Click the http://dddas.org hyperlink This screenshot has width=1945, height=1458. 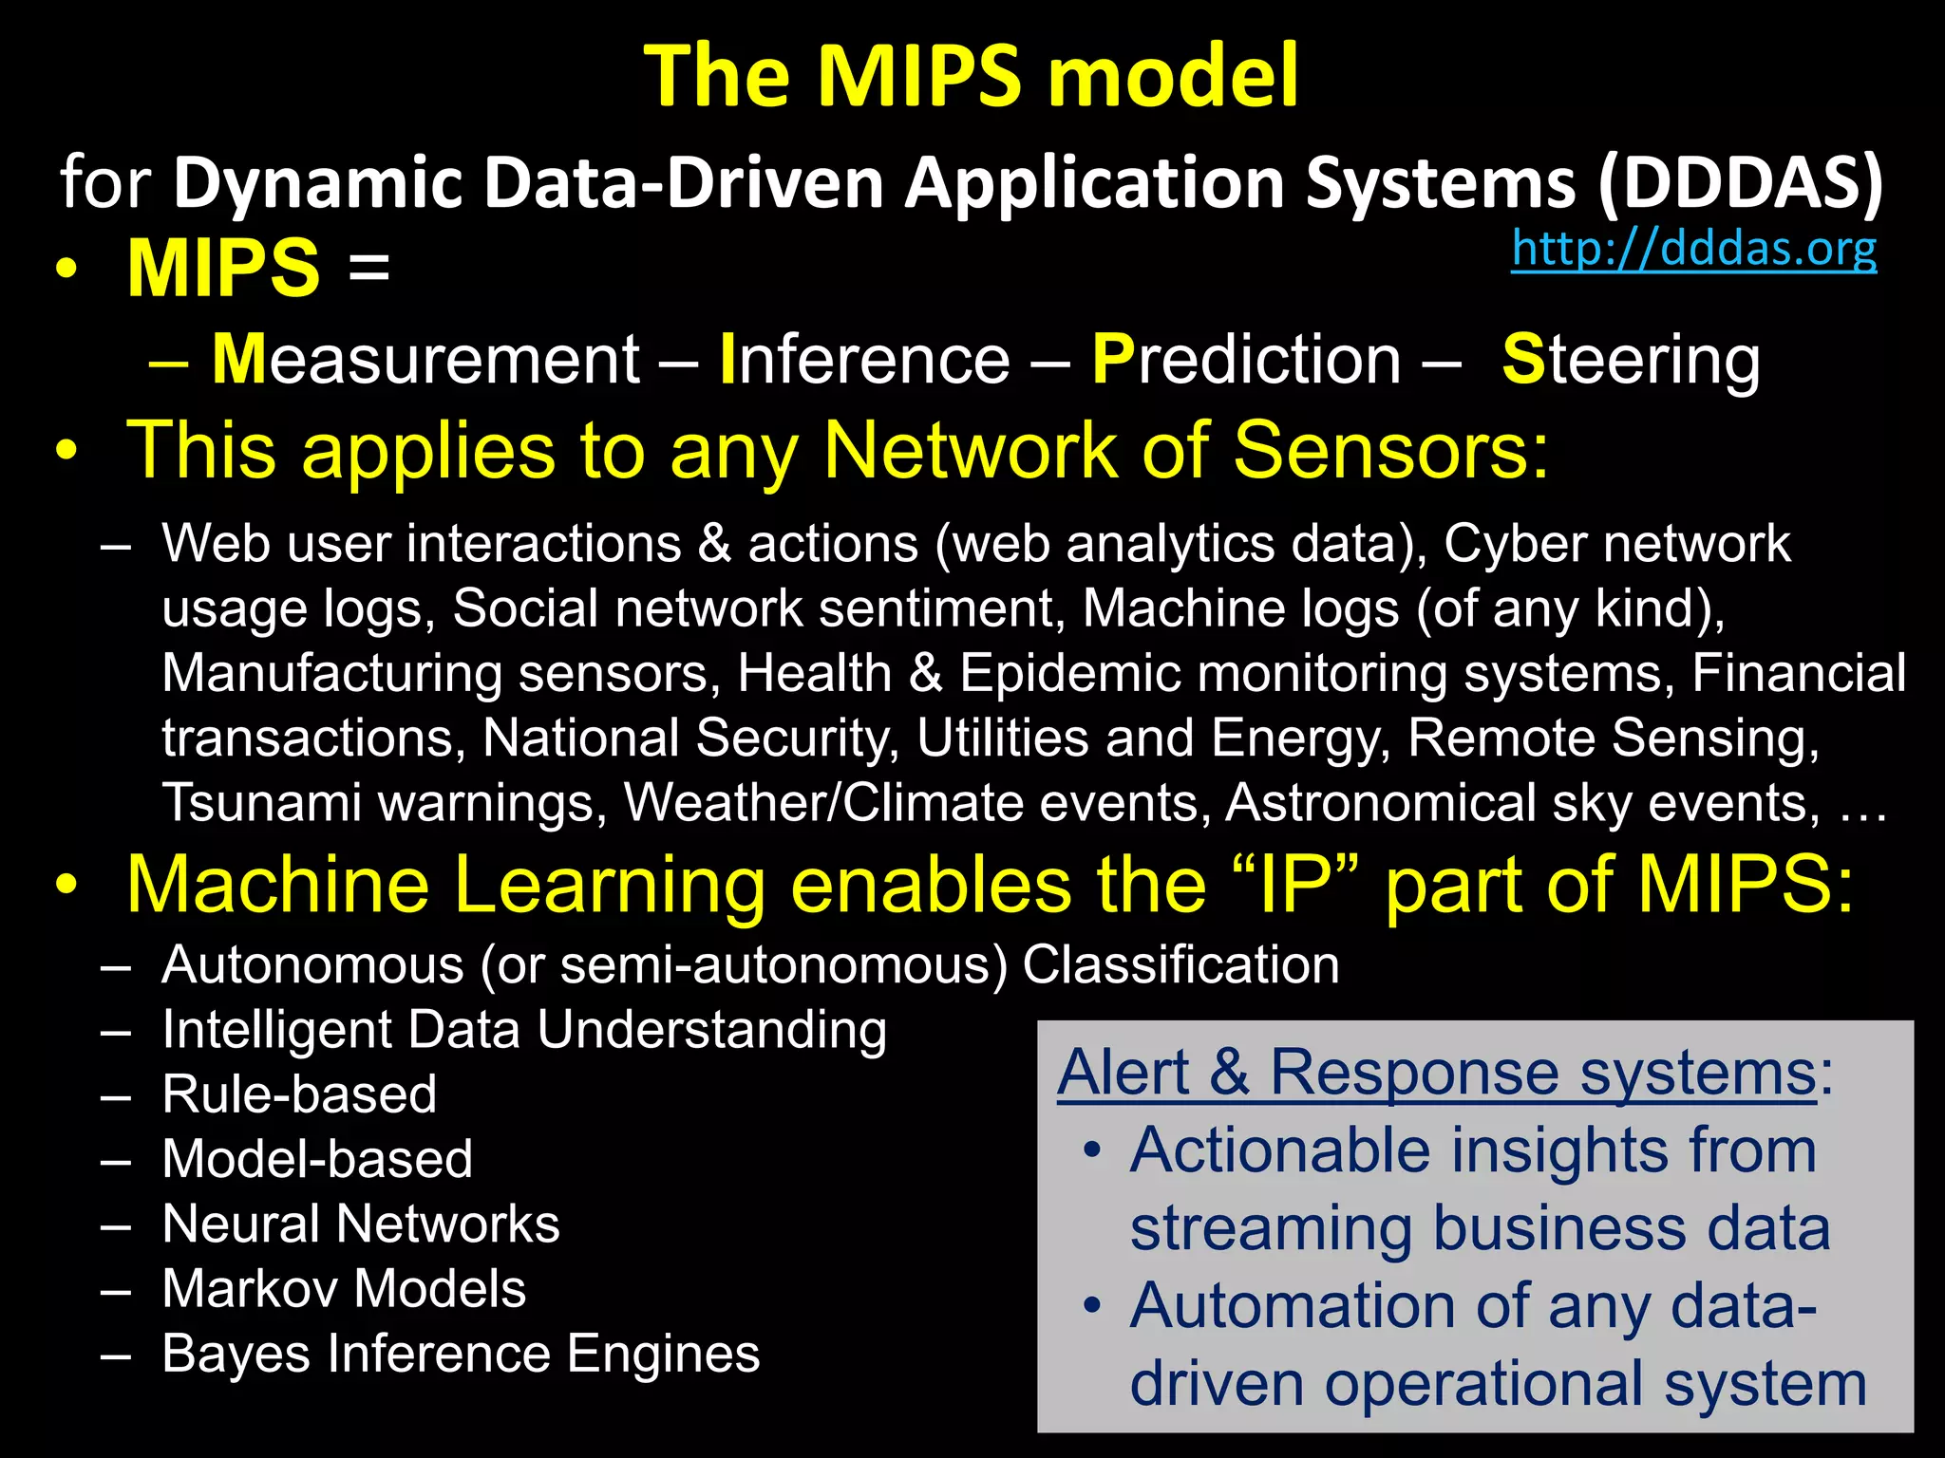pos(1693,249)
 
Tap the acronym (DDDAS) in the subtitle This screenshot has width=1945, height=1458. pos(1740,182)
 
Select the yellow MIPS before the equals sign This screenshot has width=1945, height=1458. pos(224,269)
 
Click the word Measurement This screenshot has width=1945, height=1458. pos(425,360)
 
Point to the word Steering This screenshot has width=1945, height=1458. pos(1631,360)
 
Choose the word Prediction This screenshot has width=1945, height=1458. pos(1246,360)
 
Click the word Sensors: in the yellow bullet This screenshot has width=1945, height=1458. pos(1390,450)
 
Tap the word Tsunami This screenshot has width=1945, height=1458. pos(261,803)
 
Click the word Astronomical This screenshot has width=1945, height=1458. pos(1380,803)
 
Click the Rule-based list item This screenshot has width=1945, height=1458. pos(299,1094)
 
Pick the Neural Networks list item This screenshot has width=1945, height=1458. pos(361,1224)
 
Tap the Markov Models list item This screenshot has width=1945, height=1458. pos(344,1289)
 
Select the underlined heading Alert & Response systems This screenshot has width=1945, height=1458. pos(1436,1074)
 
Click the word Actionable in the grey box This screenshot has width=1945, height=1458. pos(1279,1151)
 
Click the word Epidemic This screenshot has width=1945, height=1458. pos(1069,674)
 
